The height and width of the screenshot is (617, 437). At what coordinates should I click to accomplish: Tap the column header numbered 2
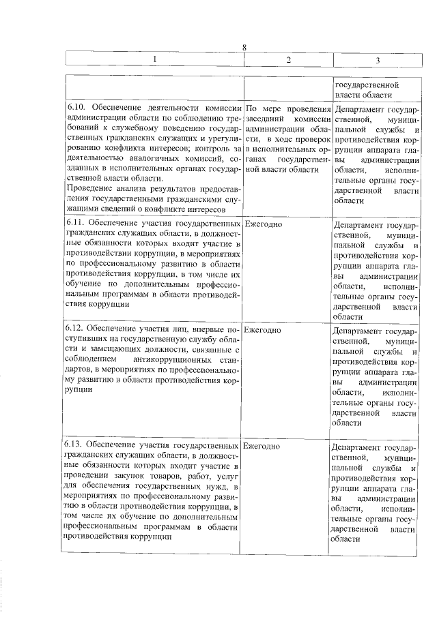click(x=288, y=61)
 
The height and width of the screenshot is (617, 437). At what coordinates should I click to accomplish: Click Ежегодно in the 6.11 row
click(x=263, y=224)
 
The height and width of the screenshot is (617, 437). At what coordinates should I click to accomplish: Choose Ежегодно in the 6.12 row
click(x=263, y=330)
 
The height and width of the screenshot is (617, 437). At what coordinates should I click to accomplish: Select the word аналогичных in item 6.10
click(x=135, y=159)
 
